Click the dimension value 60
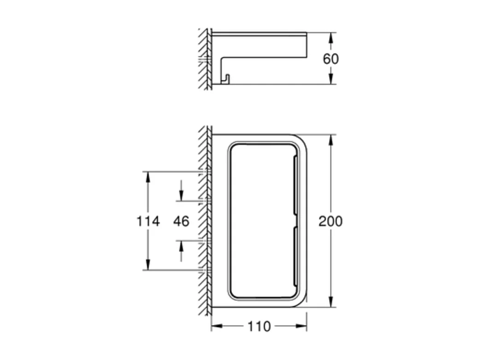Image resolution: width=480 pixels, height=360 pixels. (331, 59)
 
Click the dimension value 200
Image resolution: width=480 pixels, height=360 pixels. (331, 221)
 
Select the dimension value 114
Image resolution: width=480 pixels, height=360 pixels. (148, 221)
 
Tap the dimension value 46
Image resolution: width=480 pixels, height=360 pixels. (181, 221)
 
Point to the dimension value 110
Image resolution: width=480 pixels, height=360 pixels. (259, 326)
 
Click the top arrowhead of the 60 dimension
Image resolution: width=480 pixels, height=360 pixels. (331, 36)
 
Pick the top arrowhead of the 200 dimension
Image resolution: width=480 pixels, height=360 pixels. (331, 139)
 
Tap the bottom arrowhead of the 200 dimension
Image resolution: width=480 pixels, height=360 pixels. (331, 302)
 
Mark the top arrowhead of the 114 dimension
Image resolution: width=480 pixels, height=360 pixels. (148, 176)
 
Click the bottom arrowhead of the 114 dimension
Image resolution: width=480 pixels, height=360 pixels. (148, 265)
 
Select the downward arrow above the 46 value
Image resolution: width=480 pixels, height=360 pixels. (181, 197)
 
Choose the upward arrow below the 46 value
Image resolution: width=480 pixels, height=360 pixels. (181, 245)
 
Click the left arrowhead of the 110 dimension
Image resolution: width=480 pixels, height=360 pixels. (216, 326)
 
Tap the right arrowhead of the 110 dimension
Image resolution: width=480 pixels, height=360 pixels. (302, 326)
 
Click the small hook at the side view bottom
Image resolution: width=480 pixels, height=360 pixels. (225, 79)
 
